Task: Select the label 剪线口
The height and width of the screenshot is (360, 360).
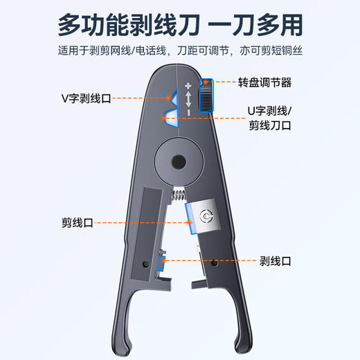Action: coord(77,223)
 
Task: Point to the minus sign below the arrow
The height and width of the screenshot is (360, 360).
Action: coord(188,113)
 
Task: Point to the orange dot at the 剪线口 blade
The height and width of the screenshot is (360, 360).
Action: coord(190,223)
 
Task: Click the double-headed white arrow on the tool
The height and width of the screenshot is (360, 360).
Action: coord(188,100)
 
